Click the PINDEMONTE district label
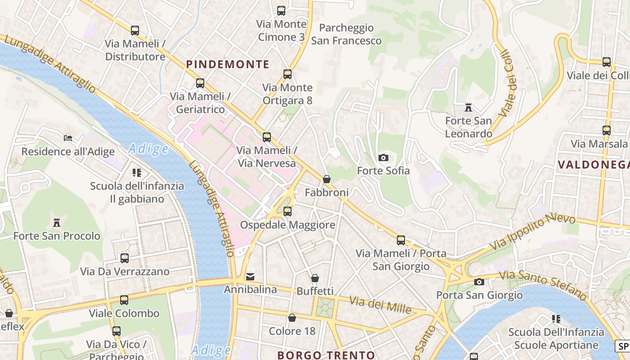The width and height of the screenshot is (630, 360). [228, 64]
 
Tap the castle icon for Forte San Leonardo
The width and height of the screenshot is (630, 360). [468, 108]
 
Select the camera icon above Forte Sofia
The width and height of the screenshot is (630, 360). [383, 157]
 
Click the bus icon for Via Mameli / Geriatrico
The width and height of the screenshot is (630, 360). [200, 83]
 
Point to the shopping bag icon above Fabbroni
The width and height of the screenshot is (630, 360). [327, 179]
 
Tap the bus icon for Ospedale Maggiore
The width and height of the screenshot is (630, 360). [288, 211]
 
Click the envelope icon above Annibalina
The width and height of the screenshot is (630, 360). [250, 276]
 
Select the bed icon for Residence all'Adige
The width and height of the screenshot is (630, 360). [68, 138]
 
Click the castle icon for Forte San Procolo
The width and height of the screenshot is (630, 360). [57, 222]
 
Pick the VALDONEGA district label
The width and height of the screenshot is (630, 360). [593, 165]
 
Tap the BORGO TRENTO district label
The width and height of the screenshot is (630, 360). [326, 355]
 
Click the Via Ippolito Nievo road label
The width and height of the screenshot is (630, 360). [533, 232]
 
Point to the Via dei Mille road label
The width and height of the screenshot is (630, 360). [381, 305]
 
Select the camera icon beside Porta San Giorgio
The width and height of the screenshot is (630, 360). [479, 282]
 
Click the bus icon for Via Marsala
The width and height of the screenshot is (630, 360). [607, 130]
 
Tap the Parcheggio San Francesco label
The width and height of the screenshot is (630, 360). [346, 34]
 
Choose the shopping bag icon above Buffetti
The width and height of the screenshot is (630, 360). [315, 278]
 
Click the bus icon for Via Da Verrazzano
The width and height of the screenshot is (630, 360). [125, 258]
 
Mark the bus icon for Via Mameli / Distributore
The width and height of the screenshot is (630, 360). [135, 31]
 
